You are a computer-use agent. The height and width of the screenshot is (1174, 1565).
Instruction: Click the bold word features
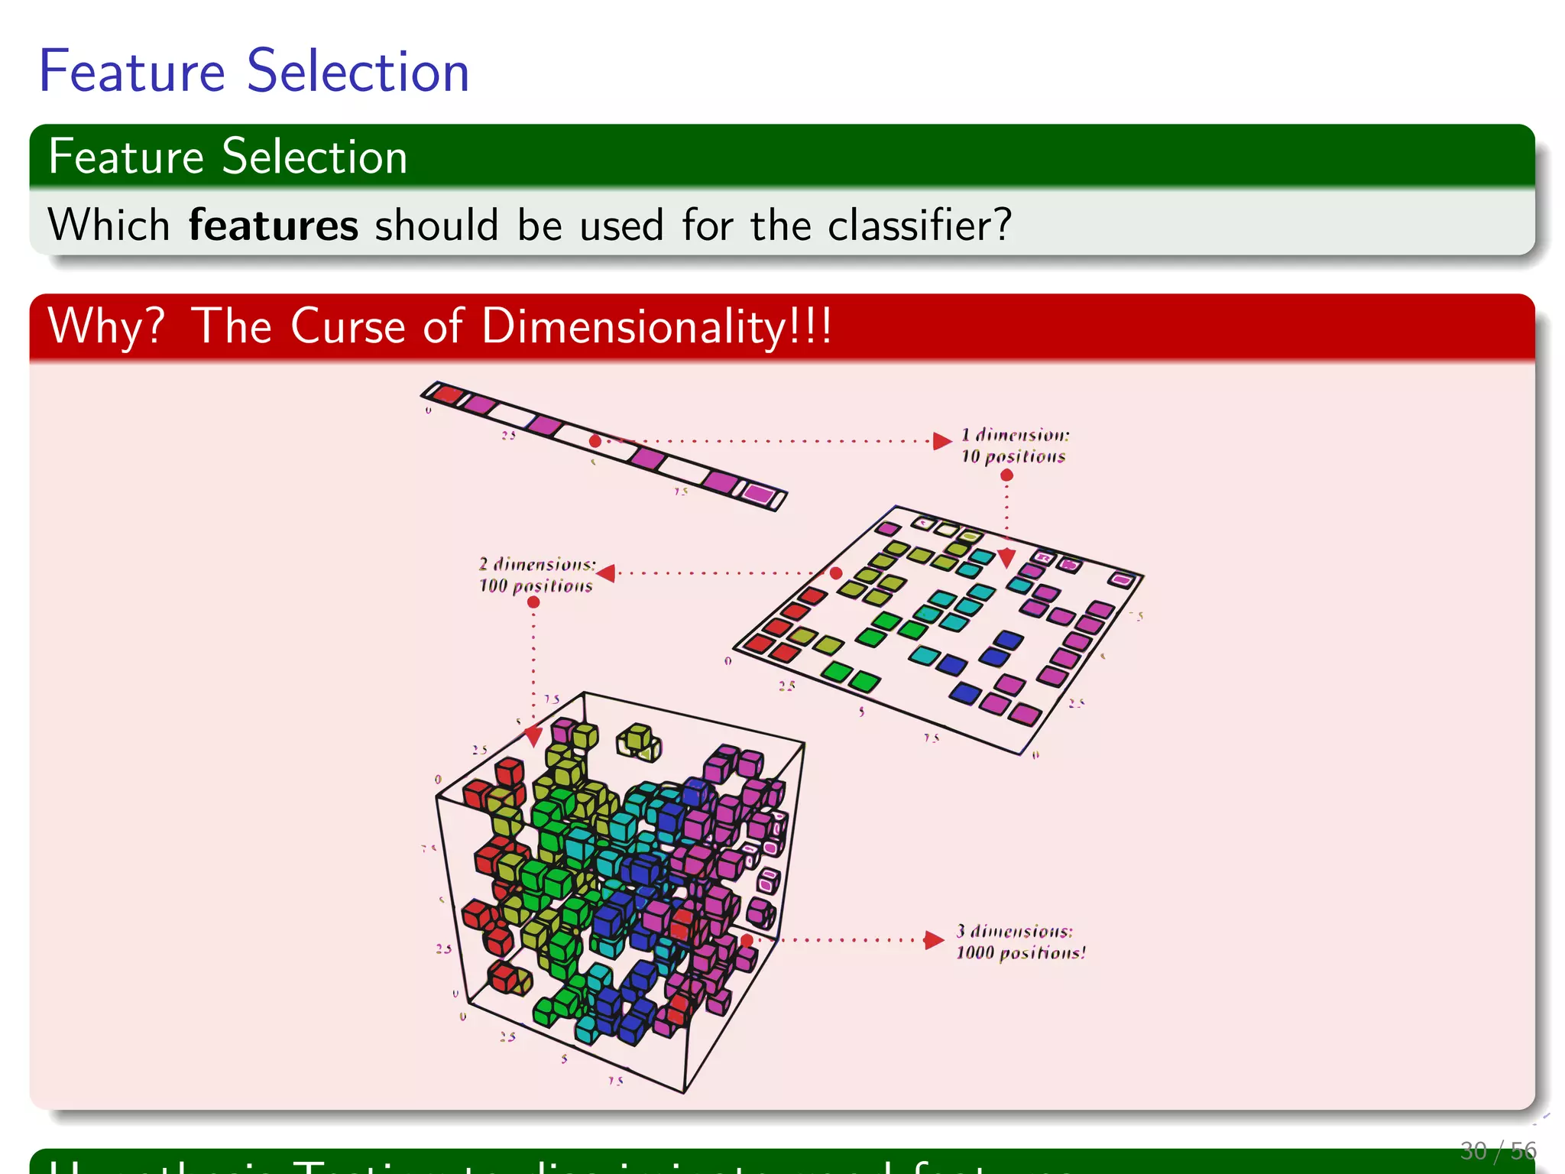click(273, 225)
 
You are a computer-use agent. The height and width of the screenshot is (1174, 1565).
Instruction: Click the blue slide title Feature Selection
click(254, 71)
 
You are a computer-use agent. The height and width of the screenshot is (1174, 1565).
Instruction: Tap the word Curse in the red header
click(348, 326)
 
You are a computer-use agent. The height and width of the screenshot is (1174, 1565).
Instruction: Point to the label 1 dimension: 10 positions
click(1014, 446)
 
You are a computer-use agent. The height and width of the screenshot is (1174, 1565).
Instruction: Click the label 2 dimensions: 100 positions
click(536, 575)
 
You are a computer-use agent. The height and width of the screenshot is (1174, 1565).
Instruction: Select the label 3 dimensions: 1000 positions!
click(1020, 942)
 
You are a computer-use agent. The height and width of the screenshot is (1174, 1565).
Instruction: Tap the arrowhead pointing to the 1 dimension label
click(942, 441)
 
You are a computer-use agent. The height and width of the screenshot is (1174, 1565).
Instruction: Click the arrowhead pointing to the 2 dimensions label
click(607, 572)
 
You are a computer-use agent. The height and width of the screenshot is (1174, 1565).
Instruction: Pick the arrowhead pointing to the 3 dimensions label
click(933, 940)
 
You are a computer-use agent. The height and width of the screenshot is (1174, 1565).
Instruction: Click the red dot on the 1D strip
click(595, 441)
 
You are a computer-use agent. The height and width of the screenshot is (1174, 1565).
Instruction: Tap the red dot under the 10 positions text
click(1007, 475)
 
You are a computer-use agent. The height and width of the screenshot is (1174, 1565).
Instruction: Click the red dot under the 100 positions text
click(533, 602)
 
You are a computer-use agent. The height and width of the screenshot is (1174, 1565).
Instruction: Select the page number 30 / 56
click(1497, 1150)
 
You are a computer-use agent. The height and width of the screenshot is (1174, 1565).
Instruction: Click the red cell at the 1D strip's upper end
click(447, 394)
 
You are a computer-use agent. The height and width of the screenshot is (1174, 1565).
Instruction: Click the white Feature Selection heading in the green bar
click(228, 157)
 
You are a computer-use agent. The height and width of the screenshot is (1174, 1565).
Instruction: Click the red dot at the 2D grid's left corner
click(836, 573)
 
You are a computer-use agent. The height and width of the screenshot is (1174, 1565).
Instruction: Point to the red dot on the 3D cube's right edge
click(747, 940)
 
